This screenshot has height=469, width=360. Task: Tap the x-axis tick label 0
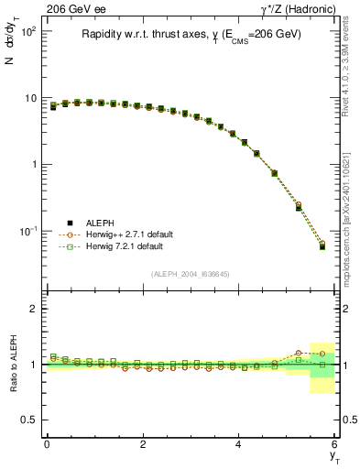(x=47, y=445)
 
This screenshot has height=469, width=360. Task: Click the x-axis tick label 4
(x=239, y=445)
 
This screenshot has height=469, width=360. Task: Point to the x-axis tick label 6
(x=335, y=445)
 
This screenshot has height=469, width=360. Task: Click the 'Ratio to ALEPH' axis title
(x=12, y=364)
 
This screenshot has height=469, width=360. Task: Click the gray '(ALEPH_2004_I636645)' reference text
(x=189, y=274)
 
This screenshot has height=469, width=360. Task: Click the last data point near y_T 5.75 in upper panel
(x=322, y=245)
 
